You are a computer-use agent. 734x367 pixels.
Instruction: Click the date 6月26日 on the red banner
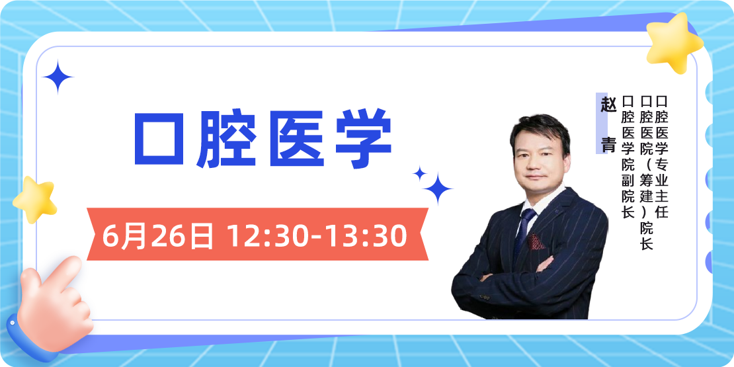point(158,235)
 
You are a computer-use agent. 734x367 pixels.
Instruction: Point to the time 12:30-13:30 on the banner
point(317,235)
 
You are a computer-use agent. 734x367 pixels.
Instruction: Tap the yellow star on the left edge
point(35,198)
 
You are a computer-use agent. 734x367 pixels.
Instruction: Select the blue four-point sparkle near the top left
point(58,77)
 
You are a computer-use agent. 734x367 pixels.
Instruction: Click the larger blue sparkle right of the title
point(437,189)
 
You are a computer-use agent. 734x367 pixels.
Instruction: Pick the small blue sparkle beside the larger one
point(419,173)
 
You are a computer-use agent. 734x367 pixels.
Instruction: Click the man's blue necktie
point(526,228)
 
